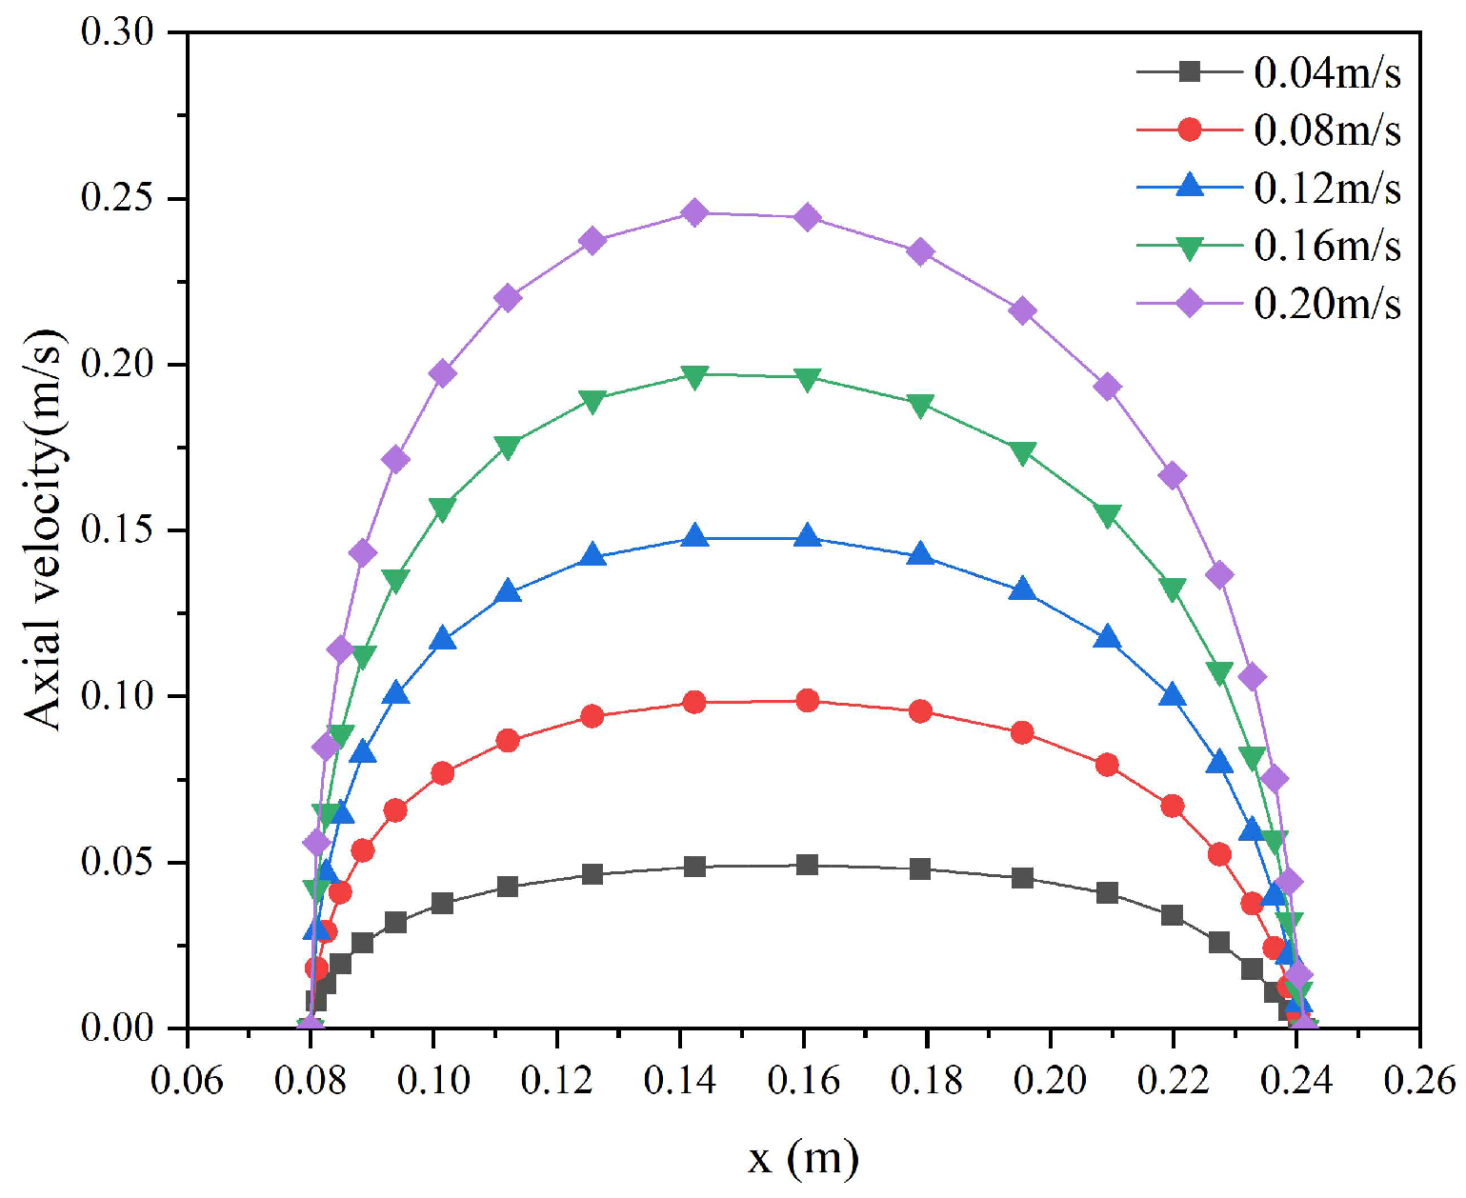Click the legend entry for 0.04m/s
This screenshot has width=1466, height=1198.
1326,72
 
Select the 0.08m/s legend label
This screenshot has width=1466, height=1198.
1326,130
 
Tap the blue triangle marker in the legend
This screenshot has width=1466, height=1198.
1189,187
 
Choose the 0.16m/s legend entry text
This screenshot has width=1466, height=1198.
1326,246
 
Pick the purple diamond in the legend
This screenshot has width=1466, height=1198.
1189,304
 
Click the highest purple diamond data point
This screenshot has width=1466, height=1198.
694,212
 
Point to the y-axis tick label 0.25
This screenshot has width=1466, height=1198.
117,199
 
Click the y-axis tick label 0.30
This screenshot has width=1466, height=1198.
117,32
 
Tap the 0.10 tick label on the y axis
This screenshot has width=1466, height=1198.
117,696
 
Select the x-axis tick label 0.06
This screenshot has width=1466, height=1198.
187,1080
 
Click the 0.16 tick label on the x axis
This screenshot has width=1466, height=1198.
803,1080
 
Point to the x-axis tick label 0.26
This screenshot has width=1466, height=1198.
1419,1080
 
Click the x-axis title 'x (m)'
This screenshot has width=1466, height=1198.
803,1158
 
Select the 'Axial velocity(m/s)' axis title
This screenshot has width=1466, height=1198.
44,529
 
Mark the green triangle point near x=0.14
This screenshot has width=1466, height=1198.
694,376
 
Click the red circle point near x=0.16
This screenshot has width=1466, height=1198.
807,701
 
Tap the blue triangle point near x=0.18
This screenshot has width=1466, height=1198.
920,554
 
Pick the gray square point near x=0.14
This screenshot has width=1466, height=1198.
694,867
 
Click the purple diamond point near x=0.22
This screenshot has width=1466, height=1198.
1173,476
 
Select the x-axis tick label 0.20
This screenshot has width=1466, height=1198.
1050,1080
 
